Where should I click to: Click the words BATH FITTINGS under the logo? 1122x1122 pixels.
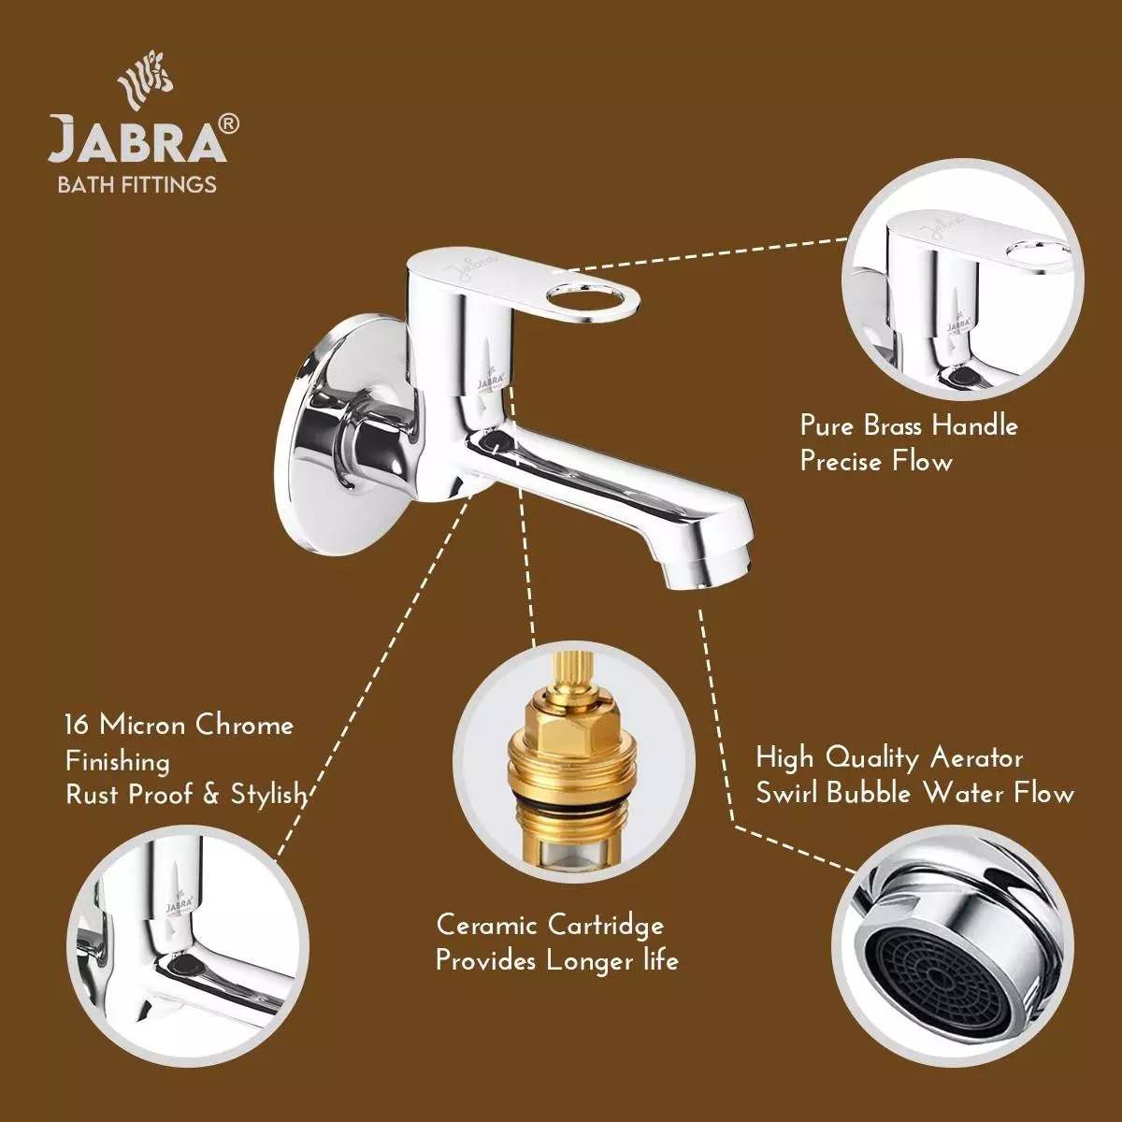coord(137,184)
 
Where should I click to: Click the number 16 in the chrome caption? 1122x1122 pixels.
coord(77,725)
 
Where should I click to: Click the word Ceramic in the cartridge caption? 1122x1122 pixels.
coord(487,926)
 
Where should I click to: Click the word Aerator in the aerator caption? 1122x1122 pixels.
coord(976,758)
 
